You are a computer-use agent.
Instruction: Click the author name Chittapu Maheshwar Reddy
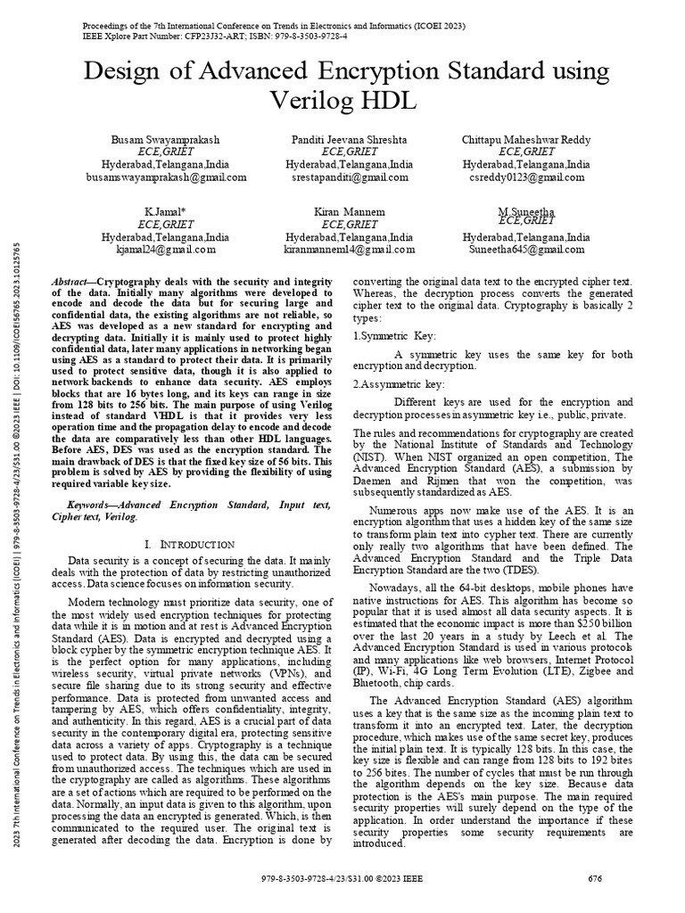coord(525,141)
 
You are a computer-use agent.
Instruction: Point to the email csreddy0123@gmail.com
coord(525,177)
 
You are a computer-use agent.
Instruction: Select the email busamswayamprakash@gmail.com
coord(165,177)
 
